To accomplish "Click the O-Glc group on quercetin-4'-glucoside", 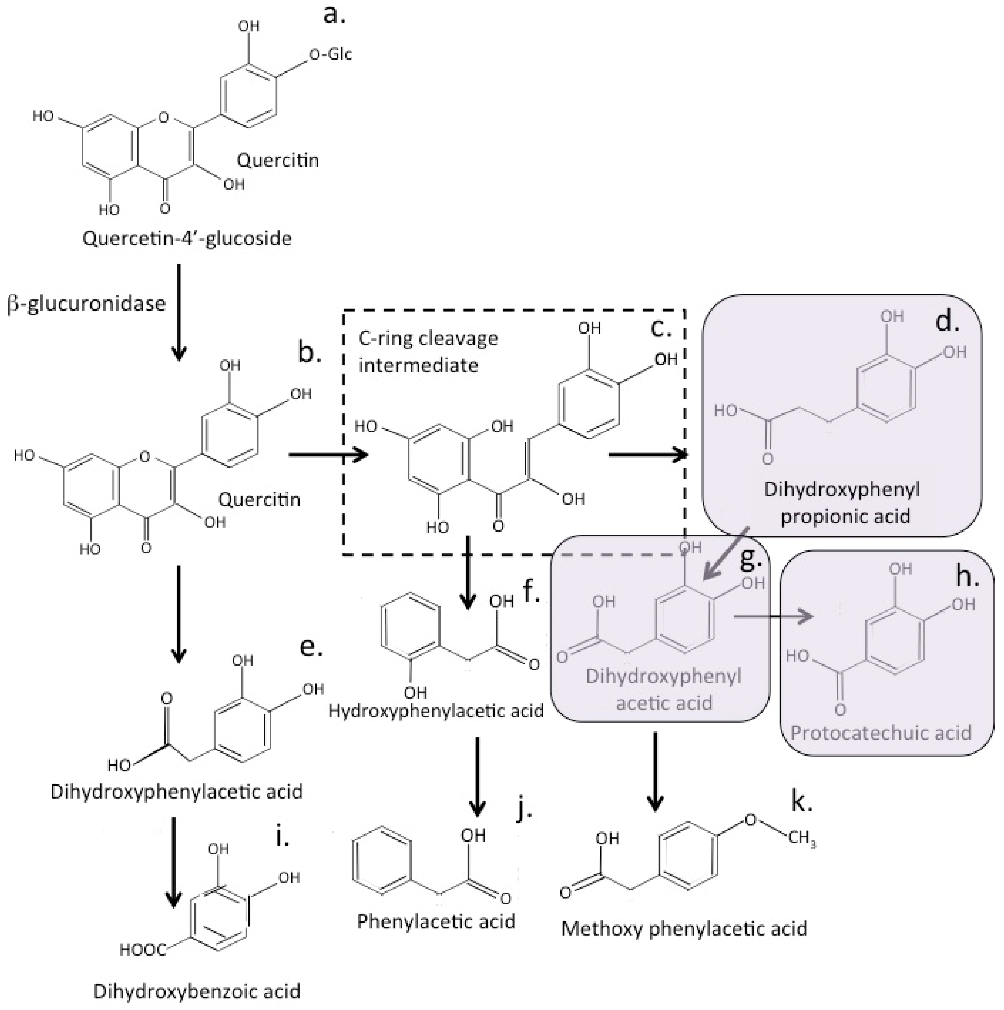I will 330,54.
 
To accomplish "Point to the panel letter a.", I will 334,15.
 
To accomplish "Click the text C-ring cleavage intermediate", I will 428,351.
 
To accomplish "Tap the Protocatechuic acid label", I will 881,733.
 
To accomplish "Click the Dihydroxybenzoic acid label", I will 197,991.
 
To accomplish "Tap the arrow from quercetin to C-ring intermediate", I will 328,455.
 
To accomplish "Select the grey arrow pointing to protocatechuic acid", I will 774,617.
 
